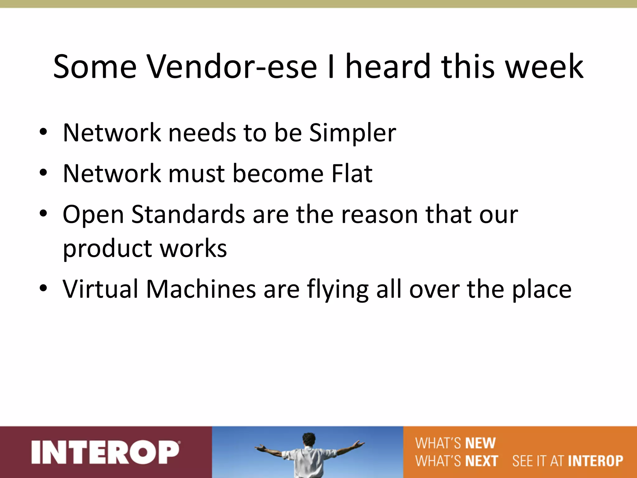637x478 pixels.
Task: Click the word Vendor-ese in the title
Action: click(x=232, y=67)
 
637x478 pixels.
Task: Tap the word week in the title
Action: click(x=544, y=67)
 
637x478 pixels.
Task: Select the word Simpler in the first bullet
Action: click(x=353, y=133)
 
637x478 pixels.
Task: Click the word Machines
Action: click(x=201, y=289)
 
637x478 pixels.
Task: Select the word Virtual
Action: click(x=100, y=289)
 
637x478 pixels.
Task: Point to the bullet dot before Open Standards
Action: click(x=43, y=213)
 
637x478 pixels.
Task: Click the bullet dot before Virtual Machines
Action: click(x=43, y=288)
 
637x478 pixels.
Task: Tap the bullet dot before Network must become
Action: click(x=43, y=172)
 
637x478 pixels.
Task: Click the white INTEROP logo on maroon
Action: click(x=105, y=452)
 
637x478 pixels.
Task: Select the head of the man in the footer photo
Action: click(x=309, y=439)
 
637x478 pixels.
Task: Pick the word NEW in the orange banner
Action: click(x=480, y=443)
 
